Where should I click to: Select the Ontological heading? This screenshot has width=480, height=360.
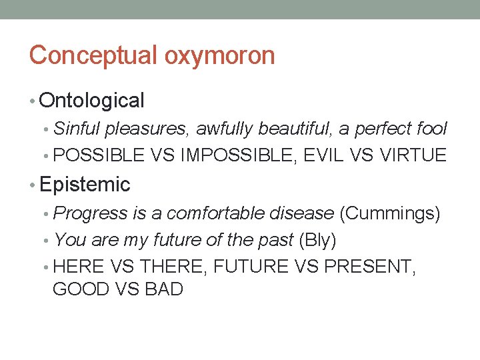(x=91, y=101)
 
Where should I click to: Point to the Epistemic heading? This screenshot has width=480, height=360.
(x=85, y=183)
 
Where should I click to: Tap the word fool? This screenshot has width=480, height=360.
(x=431, y=129)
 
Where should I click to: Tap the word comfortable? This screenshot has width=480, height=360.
(x=216, y=213)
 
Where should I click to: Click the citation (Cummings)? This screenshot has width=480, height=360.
(x=390, y=213)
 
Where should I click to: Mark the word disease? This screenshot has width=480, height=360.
(x=303, y=213)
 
